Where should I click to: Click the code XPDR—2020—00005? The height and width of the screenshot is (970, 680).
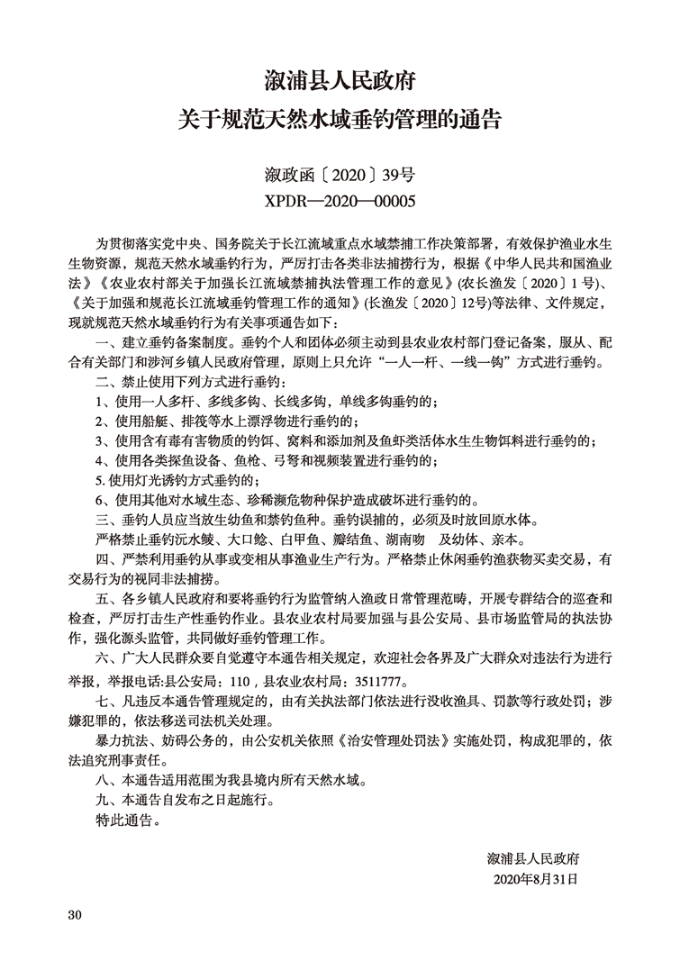340,201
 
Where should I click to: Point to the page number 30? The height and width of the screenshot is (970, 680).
75,915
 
